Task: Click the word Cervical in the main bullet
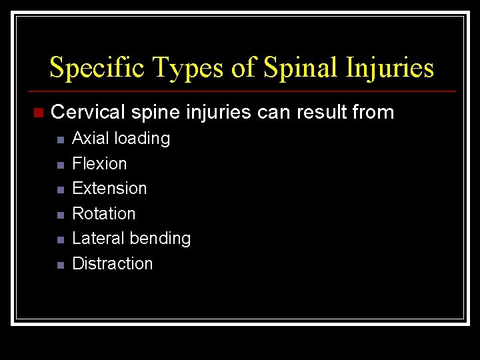(x=88, y=112)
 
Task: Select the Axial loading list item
(x=121, y=139)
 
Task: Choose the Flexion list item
(x=99, y=163)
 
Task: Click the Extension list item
(x=109, y=189)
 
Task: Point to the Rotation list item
(x=103, y=213)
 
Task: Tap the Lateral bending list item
(x=131, y=239)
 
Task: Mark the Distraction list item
(x=112, y=263)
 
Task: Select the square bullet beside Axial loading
(x=59, y=140)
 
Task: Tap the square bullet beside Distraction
(x=59, y=265)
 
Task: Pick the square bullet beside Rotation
(x=59, y=215)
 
